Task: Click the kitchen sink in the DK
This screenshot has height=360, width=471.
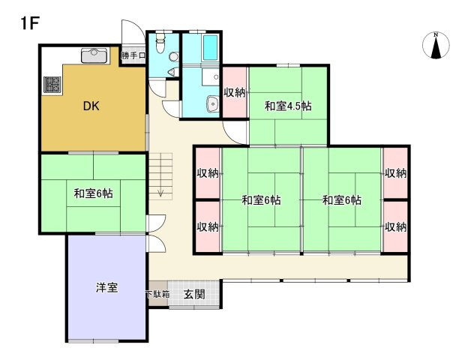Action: [x=94, y=53]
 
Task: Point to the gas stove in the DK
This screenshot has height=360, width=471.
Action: [x=52, y=85]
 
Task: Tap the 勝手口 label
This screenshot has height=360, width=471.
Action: [x=133, y=55]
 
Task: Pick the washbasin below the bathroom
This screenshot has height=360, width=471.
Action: [x=213, y=105]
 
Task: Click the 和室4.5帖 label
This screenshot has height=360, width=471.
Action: [x=288, y=106]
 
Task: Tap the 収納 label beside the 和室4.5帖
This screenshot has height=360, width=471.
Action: [x=235, y=92]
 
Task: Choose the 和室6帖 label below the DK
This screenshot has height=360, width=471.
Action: [x=93, y=193]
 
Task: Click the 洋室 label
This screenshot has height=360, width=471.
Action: [x=106, y=288]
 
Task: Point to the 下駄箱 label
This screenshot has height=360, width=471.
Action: [x=157, y=294]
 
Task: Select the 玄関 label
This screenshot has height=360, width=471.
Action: [x=194, y=294]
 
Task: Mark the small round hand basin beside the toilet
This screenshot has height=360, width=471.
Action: [x=173, y=71]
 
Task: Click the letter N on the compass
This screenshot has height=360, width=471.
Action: [x=436, y=34]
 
